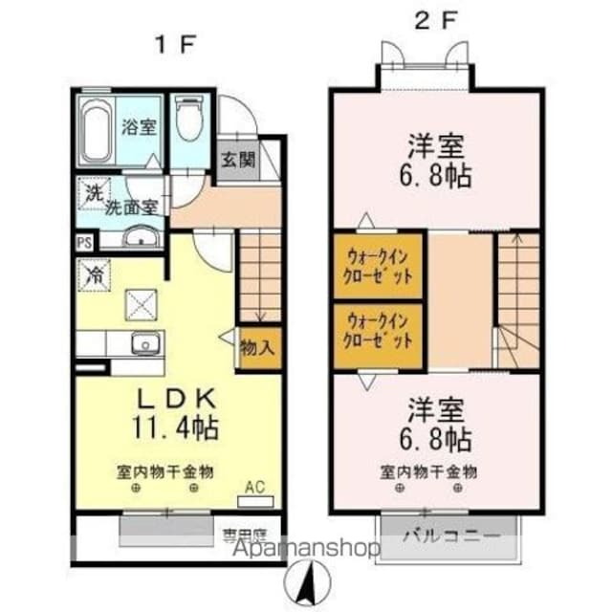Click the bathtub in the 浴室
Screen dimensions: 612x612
pyautogui.click(x=96, y=128)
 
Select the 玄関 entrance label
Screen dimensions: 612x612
pyautogui.click(x=239, y=160)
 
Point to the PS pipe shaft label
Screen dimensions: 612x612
pyautogui.click(x=85, y=243)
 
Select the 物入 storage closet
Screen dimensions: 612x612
pyautogui.click(x=257, y=347)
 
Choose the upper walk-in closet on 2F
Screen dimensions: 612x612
pyautogui.click(x=379, y=266)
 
